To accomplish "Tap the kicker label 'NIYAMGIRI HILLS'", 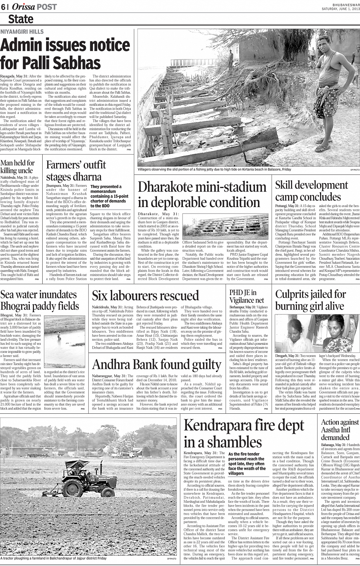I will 22,32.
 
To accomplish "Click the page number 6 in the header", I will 3,7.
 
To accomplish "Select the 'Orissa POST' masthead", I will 34,7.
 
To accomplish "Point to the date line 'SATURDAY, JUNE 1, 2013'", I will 341,8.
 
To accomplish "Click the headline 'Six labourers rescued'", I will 146,296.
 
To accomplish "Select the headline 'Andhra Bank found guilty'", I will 157,364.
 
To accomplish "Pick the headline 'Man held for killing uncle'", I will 18,166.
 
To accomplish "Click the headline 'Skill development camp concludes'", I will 312,191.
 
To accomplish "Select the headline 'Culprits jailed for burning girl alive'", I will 310,300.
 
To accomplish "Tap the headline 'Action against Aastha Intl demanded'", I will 340,429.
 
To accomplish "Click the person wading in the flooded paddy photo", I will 59,335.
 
